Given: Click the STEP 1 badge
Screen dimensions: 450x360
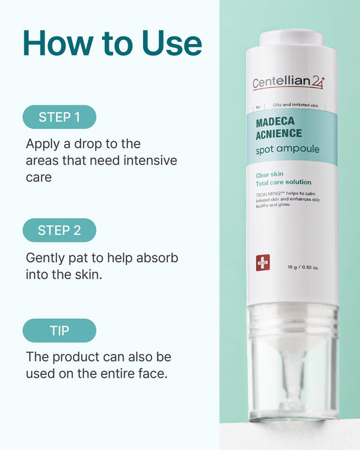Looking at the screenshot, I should pyautogui.click(x=59, y=117).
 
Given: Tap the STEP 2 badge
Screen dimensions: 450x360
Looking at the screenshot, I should pyautogui.click(x=59, y=230).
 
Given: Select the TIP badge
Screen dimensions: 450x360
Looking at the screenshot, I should pyautogui.click(x=59, y=330).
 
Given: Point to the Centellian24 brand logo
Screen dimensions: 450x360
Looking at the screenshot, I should pyautogui.click(x=288, y=82).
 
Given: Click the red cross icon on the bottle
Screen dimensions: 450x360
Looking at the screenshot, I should pyautogui.click(x=263, y=262).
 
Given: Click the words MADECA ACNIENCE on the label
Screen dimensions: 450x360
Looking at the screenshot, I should pyautogui.click(x=279, y=128).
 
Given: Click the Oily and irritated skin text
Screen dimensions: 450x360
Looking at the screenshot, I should pyautogui.click(x=295, y=105).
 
